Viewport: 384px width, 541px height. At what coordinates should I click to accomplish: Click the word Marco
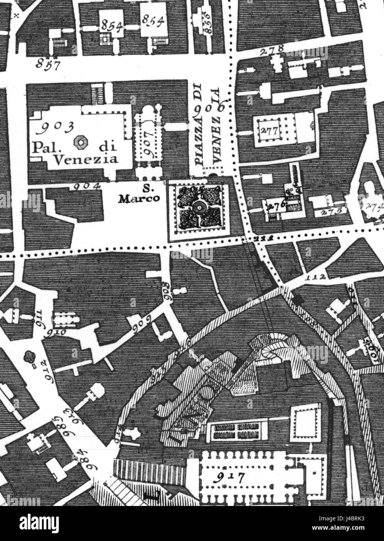pyautogui.click(x=140, y=198)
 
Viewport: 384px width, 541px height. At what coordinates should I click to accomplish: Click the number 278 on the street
pyautogui.click(x=273, y=51)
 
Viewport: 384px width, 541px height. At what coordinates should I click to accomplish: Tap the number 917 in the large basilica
pyautogui.click(x=230, y=477)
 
